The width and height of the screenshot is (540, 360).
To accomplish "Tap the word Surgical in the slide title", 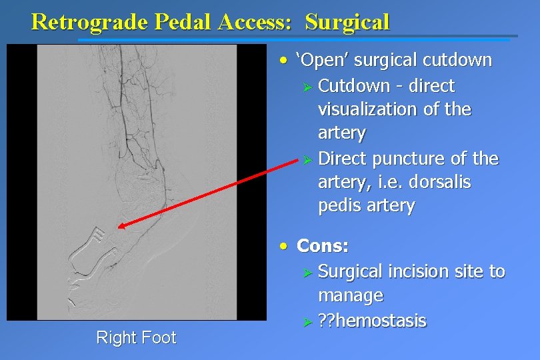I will pyautogui.click(x=347, y=22).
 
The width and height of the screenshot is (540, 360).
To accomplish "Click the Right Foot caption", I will pyautogui.click(x=136, y=337).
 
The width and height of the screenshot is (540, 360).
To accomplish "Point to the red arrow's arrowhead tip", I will pyautogui.click(x=118, y=227).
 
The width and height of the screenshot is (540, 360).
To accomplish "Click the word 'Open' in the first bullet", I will pyautogui.click(x=323, y=60).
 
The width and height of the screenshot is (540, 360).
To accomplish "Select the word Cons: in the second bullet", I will pyautogui.click(x=323, y=246).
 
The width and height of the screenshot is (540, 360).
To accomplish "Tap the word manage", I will pyautogui.click(x=351, y=295).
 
